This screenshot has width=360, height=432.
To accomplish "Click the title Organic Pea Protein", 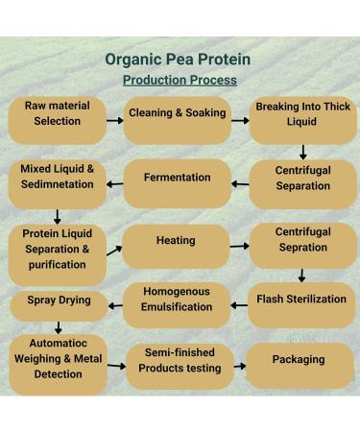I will (180, 60).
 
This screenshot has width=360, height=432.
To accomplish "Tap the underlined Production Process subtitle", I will (180, 80).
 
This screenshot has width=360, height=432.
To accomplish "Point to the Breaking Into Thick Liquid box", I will (303, 119).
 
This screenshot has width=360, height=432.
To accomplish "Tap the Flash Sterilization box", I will (301, 303).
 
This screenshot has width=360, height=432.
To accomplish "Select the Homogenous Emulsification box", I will (178, 303).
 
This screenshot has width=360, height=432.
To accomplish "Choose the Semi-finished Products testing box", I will (178, 365).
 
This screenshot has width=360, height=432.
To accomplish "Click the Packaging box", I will (299, 365).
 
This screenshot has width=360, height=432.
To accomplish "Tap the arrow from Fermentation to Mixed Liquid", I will (114, 184).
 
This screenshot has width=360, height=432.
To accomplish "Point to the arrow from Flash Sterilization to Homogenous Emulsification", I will (239, 305).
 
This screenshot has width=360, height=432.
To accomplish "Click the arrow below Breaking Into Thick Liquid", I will (303, 152).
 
